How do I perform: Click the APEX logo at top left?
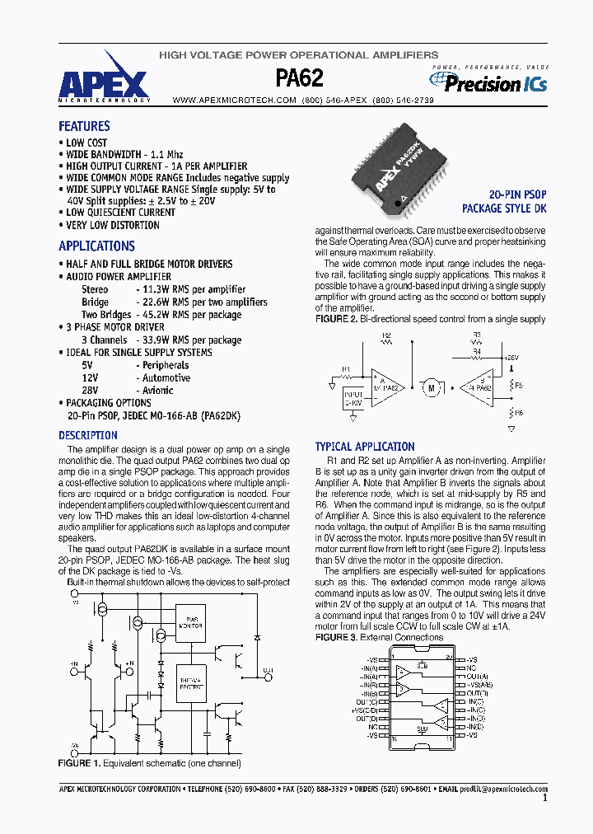coord(104,84)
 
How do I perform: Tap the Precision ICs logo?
coord(488,82)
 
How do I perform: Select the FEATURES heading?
coord(84,126)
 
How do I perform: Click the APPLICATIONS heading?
coord(96,246)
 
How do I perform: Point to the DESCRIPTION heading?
coord(88,435)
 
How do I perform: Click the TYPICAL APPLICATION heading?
coord(365,446)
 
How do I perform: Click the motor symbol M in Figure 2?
coord(429,387)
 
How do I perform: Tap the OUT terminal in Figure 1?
coord(268,670)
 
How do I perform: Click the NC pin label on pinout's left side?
coord(374,727)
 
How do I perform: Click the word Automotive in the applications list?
coord(166,377)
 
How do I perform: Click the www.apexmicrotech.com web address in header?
coord(234,100)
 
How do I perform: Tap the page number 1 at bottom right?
coord(544,798)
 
